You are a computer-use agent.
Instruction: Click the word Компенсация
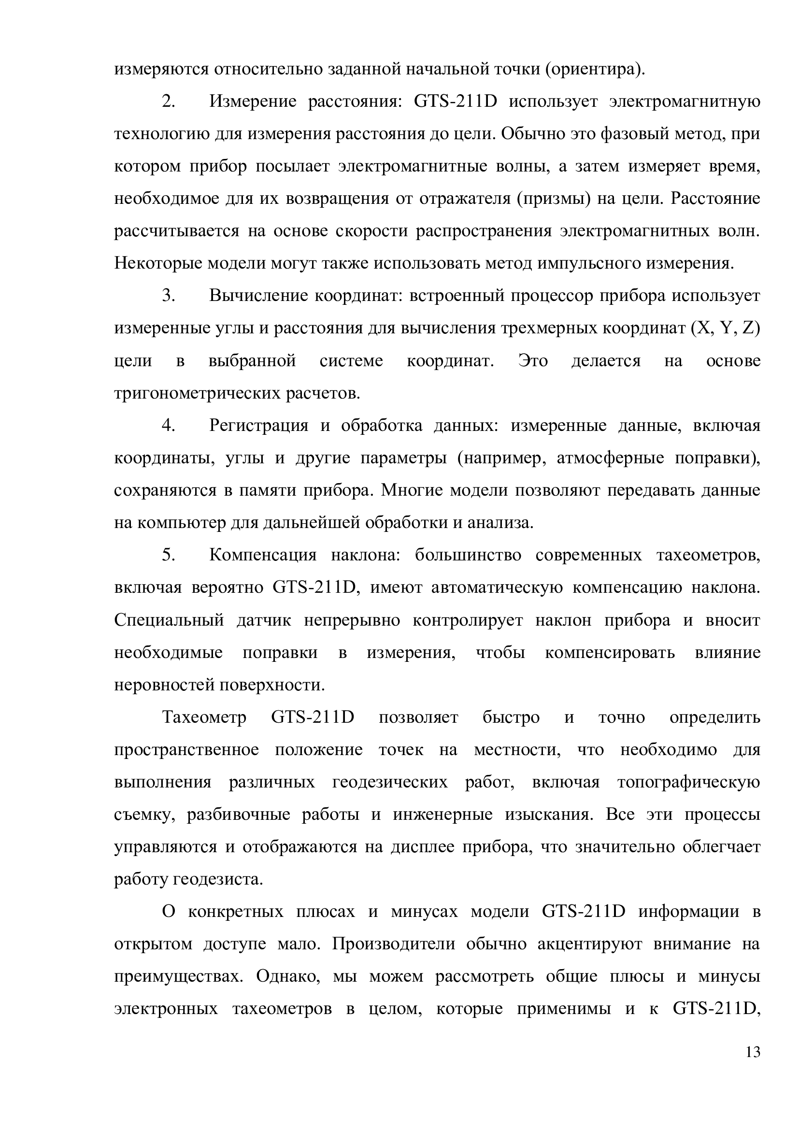(263, 555)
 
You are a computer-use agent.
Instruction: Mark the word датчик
(264, 620)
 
